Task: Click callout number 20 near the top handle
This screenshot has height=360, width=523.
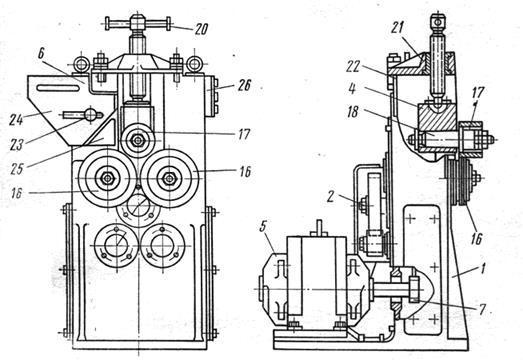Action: [201, 30]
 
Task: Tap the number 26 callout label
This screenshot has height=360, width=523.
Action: [244, 86]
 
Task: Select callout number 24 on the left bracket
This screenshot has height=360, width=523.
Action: [15, 119]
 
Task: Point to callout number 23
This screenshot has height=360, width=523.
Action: [17, 144]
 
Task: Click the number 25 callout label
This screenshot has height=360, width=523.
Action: [17, 169]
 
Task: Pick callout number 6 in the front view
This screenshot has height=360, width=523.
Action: [41, 54]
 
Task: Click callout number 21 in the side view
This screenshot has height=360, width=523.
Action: [397, 28]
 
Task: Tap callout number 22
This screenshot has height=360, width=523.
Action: [353, 67]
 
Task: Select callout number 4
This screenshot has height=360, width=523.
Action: [353, 90]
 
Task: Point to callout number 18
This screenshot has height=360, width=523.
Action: [352, 112]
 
